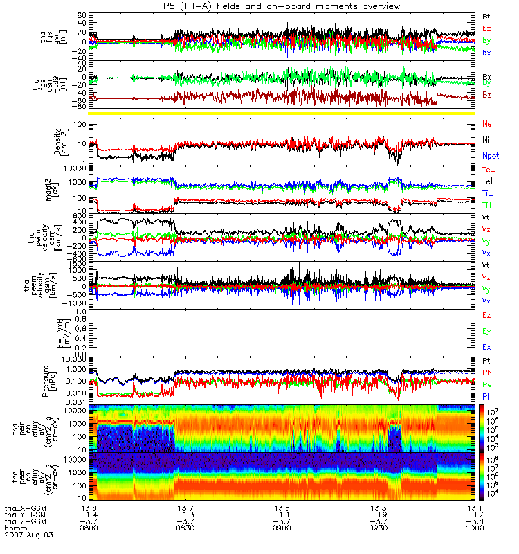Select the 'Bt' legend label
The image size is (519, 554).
coord(487,15)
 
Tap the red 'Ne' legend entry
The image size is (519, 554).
coord(487,123)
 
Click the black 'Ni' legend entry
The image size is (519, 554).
coord(487,140)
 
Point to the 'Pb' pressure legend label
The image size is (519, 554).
coord(487,373)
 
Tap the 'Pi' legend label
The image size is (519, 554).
coord(487,395)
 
